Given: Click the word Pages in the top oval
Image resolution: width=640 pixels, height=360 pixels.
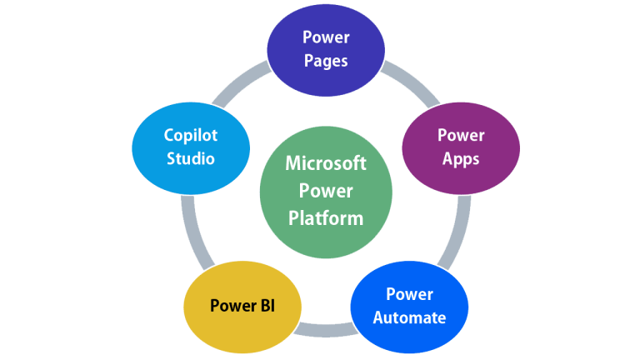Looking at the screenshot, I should (x=326, y=61).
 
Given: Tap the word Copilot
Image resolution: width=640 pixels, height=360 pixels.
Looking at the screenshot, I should (x=190, y=135).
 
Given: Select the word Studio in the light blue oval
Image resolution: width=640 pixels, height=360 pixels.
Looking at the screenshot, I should (x=190, y=158).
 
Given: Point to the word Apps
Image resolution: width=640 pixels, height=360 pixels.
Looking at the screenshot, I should (x=461, y=158).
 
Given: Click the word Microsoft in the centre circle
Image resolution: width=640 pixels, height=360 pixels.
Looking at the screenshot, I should (x=326, y=162).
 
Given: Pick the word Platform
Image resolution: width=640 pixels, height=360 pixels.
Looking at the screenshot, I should (x=326, y=218).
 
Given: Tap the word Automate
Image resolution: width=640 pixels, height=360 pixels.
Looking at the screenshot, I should (x=409, y=317).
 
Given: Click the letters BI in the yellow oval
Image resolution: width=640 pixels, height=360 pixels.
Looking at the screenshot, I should (x=265, y=306).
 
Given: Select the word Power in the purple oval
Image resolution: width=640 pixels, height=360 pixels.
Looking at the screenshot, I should (x=461, y=135).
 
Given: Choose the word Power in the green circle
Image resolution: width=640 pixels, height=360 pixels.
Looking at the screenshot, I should (x=326, y=191).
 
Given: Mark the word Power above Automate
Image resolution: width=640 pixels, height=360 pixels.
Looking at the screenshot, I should (x=409, y=294).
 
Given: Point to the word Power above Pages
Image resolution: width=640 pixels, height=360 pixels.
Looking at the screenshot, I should (x=326, y=37).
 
